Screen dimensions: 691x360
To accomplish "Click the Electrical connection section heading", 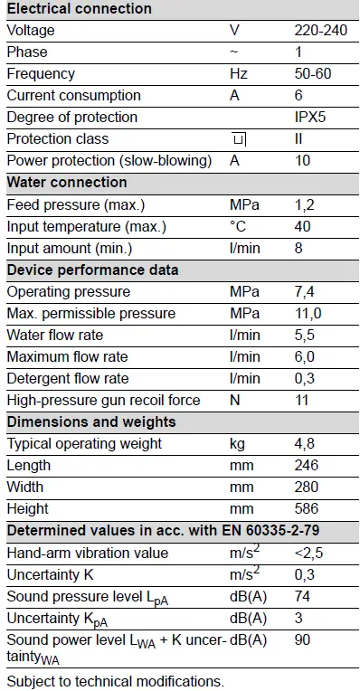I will (x=80, y=9).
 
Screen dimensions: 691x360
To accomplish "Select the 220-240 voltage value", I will (x=320, y=31).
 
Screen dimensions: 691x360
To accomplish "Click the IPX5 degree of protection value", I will (x=311, y=118).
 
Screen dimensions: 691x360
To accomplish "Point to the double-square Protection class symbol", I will (x=239, y=140).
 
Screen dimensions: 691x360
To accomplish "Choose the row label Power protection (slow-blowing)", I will (x=109, y=161).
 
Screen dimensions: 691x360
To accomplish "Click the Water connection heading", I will (x=67, y=183).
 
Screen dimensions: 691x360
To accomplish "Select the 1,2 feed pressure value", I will (x=304, y=205).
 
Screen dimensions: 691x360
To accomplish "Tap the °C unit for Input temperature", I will (x=238, y=227).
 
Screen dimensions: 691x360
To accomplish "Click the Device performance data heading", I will (x=93, y=270).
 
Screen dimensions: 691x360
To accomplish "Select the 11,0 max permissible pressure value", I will (x=308, y=314).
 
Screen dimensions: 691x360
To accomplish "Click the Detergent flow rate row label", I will (x=68, y=379).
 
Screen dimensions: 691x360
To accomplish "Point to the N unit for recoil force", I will (x=235, y=401).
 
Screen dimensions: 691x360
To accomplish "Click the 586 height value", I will (x=307, y=509).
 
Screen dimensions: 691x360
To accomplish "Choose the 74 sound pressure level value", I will (x=302, y=597).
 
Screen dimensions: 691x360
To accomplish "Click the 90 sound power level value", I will (x=302, y=640).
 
